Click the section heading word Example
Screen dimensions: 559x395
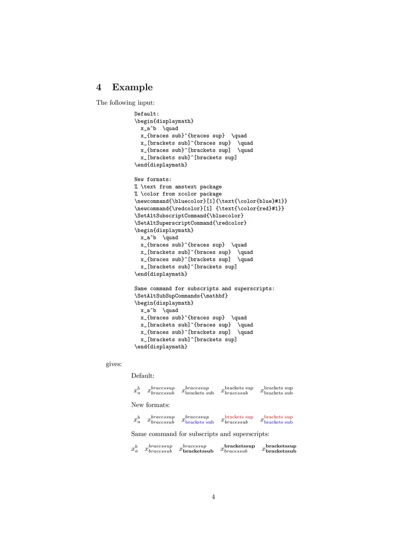coord(132,87)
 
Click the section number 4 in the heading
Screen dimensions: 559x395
coord(99,87)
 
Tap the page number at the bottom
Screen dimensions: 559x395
coord(214,497)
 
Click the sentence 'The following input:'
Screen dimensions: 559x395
coord(118,103)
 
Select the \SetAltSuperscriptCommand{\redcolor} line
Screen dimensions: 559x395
coord(190,223)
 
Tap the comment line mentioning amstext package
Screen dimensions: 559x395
coord(178,187)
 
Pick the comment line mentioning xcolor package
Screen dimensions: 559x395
coord(178,194)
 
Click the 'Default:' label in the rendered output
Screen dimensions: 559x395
coord(143,376)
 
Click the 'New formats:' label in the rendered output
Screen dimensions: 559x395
coord(151,405)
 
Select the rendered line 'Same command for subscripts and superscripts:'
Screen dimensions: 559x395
coord(200,435)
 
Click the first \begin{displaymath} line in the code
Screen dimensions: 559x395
coord(164,121)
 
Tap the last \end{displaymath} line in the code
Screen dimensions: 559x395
coord(161,347)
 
